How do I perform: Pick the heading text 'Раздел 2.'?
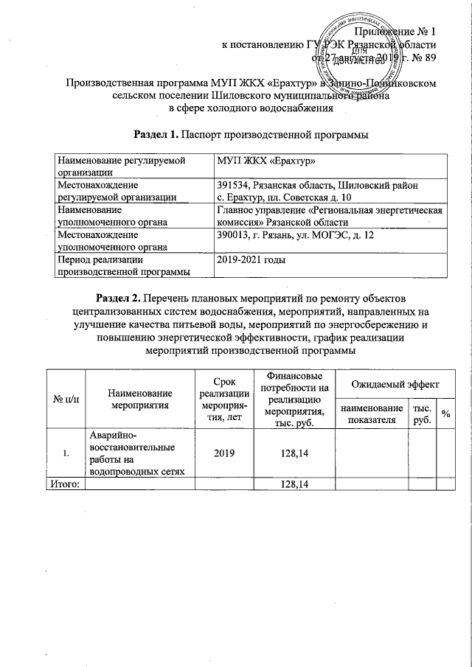[x=119, y=298]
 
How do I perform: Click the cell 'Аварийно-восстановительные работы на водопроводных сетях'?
[x=137, y=454]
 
